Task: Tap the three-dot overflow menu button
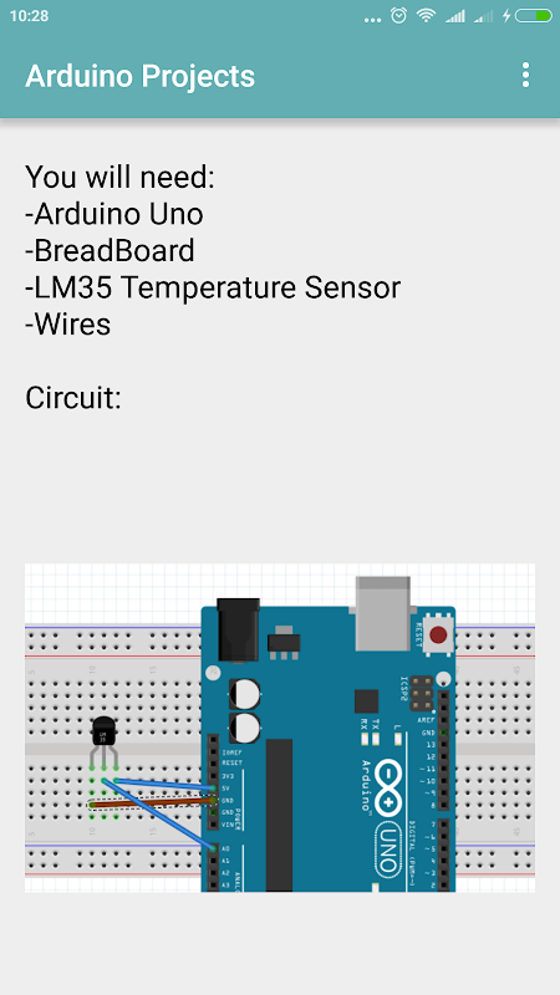(x=525, y=75)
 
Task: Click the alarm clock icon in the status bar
(x=399, y=15)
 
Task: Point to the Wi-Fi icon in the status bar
(x=425, y=15)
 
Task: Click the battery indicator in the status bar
(x=533, y=15)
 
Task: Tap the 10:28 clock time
(x=29, y=16)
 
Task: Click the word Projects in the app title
(x=198, y=76)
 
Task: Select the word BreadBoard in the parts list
(x=114, y=251)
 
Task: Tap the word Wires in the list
(x=72, y=324)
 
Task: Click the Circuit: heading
(x=73, y=398)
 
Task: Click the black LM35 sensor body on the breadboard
(x=103, y=731)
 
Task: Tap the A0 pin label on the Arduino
(x=226, y=848)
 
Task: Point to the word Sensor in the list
(x=352, y=288)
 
